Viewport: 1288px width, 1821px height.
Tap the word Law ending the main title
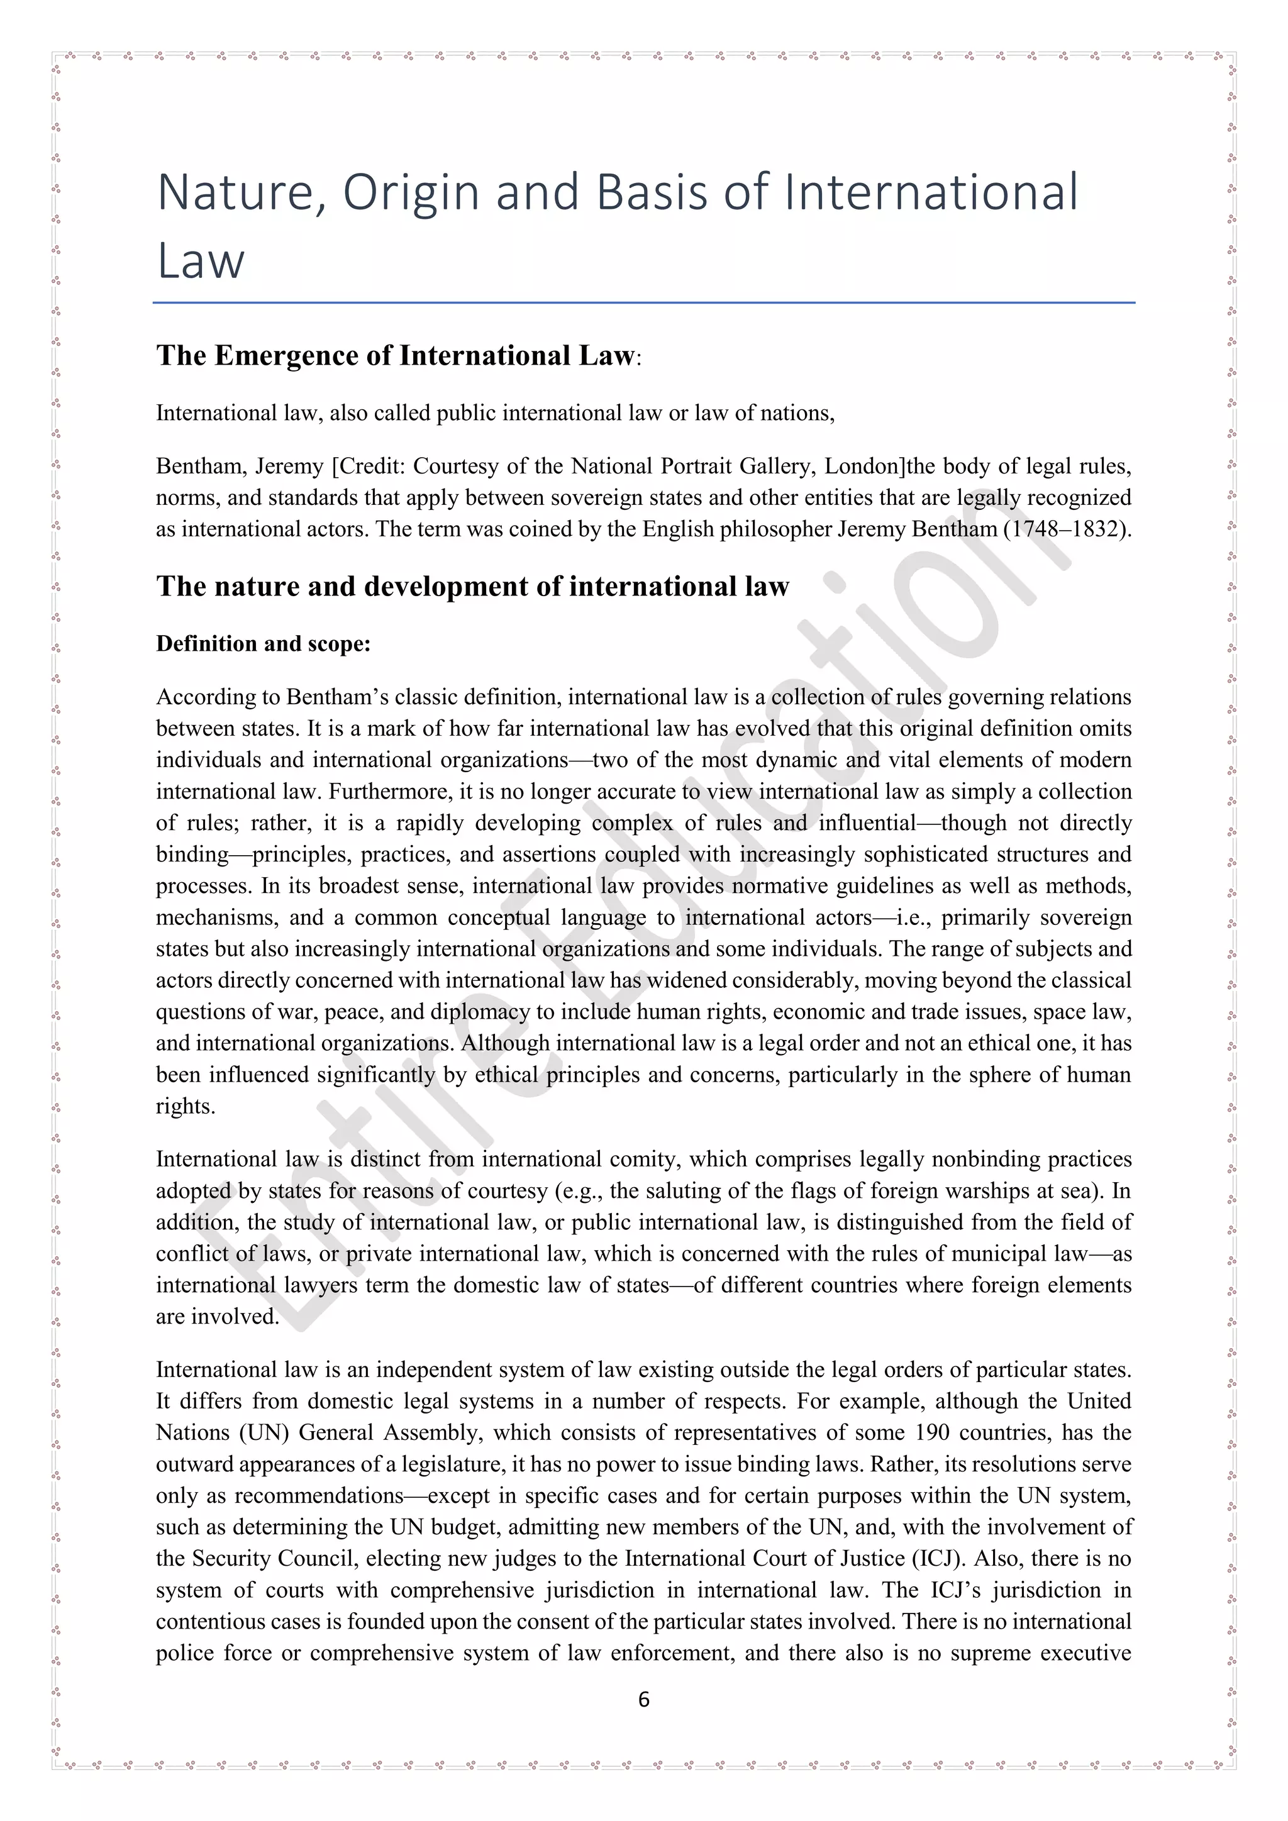coord(201,261)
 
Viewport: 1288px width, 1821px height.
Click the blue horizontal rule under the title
coord(643,303)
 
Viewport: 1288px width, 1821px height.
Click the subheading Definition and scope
coord(264,644)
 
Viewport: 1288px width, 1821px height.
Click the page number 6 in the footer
coord(643,1700)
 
